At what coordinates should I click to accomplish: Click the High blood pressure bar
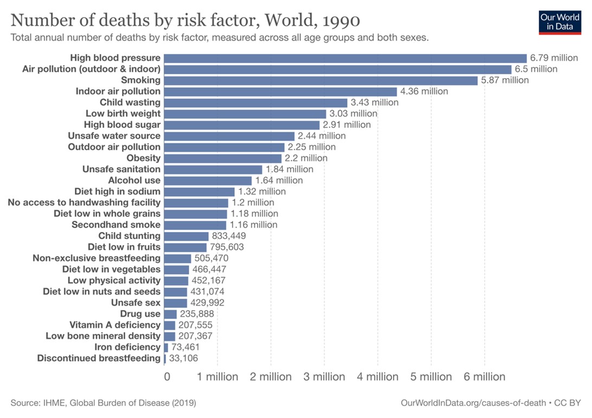tap(345, 58)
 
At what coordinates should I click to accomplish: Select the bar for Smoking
tap(320, 80)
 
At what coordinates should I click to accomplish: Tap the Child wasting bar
tap(255, 102)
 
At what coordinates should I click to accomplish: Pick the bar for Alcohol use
tap(208, 180)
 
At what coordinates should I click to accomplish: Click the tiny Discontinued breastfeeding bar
tap(165, 358)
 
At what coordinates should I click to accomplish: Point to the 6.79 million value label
tap(554, 58)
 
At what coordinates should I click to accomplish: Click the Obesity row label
tap(144, 158)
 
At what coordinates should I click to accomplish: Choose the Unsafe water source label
tap(114, 136)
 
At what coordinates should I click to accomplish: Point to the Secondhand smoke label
tap(116, 224)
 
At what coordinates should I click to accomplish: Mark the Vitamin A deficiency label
tap(115, 325)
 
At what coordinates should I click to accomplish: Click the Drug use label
tap(140, 314)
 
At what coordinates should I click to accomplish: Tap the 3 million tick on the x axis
tap(324, 377)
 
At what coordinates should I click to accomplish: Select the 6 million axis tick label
tap(484, 377)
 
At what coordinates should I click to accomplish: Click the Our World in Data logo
tap(560, 22)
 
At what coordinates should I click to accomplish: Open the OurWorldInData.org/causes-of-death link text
tap(472, 403)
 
